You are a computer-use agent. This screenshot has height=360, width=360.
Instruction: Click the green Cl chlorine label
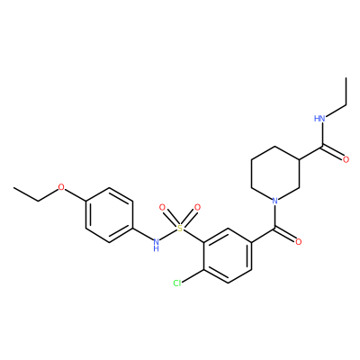pos(177,283)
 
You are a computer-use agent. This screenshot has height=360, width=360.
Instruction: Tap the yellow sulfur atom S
pos(180,229)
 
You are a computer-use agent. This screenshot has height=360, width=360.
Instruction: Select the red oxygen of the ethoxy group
pos(61,188)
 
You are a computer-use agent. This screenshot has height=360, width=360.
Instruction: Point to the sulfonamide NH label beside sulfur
pos(156,245)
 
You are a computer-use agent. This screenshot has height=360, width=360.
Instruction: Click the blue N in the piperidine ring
pos(274,201)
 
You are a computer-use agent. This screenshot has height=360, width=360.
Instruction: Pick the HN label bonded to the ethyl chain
pos(319,119)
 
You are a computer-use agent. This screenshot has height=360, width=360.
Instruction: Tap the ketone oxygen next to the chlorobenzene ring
pos(298,242)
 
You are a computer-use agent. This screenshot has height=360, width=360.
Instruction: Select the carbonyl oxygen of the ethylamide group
pos(346,159)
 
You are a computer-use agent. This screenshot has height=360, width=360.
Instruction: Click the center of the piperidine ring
pos(275,174)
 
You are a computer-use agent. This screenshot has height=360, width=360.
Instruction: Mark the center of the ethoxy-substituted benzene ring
pos(109,215)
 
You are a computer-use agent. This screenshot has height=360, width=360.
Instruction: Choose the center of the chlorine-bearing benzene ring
pos(228,256)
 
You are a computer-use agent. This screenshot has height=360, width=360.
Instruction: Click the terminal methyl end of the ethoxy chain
pos(13,188)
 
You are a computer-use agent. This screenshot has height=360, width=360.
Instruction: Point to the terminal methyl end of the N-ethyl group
pos(346,77)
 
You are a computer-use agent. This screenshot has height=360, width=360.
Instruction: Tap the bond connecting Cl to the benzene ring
pos(193,274)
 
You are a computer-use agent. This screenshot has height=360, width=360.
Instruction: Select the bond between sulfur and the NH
pos(168,235)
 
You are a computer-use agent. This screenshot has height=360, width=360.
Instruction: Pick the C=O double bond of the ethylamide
pos(333,153)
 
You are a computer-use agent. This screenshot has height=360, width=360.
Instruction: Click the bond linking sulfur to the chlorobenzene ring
pos(193,236)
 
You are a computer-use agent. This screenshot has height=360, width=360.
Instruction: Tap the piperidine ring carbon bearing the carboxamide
pos(299,159)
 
